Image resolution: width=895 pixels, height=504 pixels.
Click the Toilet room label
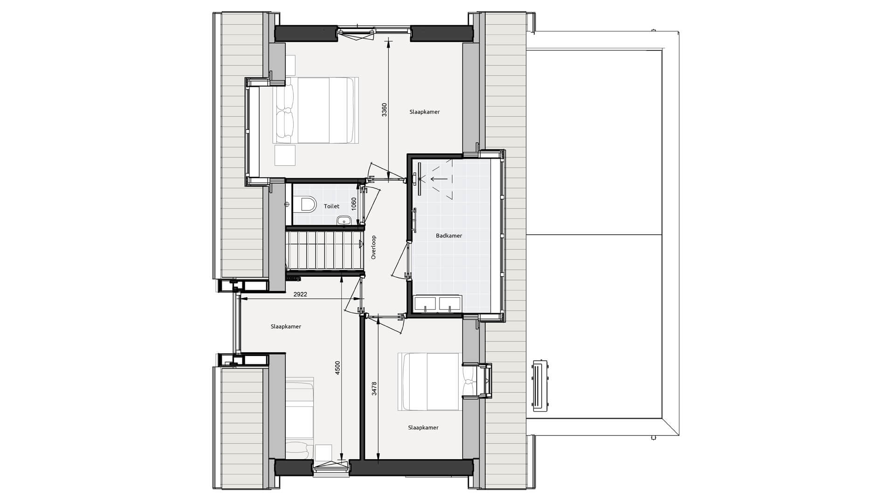(332, 206)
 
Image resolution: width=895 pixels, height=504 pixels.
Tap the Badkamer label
(449, 236)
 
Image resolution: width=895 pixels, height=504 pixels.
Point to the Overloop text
(373, 247)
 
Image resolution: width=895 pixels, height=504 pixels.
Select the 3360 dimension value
(384, 110)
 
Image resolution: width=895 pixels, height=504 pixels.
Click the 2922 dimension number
(300, 294)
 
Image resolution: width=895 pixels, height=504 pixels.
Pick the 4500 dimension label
(338, 367)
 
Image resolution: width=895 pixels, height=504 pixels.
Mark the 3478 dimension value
(374, 389)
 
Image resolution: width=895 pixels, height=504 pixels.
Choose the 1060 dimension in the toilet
(354, 204)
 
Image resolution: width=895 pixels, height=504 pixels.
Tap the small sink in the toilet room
(344, 220)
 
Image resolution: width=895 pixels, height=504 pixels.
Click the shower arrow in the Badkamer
(438, 178)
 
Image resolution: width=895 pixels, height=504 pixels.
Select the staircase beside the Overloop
(324, 251)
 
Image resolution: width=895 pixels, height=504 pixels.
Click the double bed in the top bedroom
(317, 110)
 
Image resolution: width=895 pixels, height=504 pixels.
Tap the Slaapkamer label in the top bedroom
(425, 112)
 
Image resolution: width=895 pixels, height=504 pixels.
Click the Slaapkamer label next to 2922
(286, 327)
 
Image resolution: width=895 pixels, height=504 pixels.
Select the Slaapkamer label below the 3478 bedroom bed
(423, 427)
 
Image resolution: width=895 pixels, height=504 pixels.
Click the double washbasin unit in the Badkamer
(438, 303)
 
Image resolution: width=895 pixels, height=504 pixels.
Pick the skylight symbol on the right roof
(541, 385)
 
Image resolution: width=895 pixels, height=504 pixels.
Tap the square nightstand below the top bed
(285, 155)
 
